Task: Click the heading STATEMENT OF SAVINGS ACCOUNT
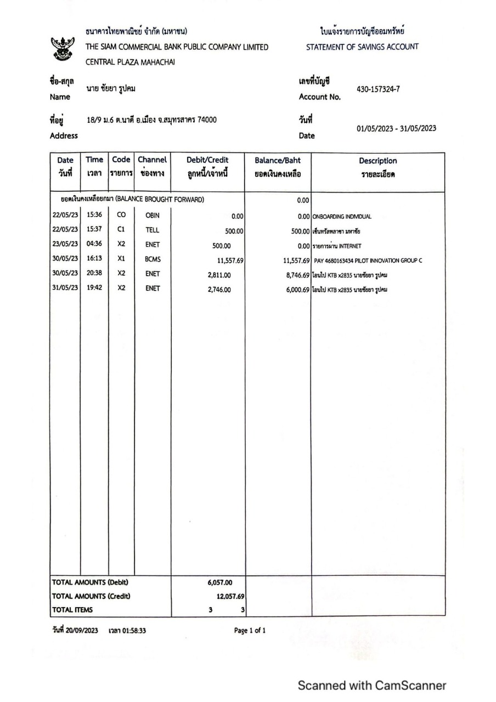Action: click(x=362, y=47)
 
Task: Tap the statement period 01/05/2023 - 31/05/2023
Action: click(x=396, y=128)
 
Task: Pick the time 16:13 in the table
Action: click(x=94, y=259)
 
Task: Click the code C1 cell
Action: click(x=122, y=230)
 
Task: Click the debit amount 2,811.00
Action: click(x=219, y=275)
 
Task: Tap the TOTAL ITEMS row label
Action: click(x=72, y=609)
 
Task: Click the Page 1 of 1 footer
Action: click(x=250, y=631)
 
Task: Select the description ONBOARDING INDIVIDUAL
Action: click(x=342, y=216)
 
